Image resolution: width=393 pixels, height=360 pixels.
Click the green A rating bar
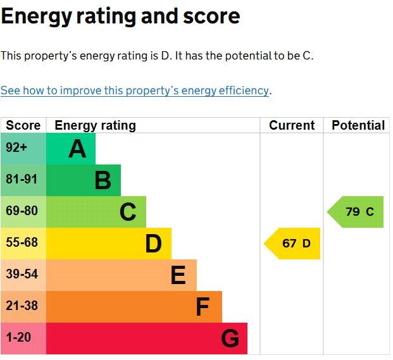coord(70,149)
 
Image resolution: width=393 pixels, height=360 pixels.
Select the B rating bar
coord(83,180)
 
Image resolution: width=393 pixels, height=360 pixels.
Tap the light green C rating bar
coord(96,212)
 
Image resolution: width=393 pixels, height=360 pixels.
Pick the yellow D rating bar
coord(108,244)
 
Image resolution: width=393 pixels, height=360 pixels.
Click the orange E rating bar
coord(121,275)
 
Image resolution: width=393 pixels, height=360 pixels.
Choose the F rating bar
coord(134,307)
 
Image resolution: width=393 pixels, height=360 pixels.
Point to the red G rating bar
coord(146,338)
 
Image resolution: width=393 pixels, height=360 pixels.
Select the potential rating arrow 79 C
coord(356,212)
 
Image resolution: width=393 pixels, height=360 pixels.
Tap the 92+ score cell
coord(23,149)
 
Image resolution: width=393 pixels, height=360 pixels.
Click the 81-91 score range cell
coord(23,180)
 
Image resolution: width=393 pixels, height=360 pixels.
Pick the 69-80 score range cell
coord(23,212)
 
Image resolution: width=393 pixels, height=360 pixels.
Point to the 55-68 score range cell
coord(23,244)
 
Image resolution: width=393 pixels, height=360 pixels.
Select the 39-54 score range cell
coord(23,275)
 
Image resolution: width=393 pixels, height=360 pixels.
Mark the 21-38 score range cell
coord(23,307)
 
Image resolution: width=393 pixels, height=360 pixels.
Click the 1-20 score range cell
coord(23,338)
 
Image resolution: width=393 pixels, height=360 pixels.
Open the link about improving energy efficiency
coord(135,90)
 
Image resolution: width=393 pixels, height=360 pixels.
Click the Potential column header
coord(358,125)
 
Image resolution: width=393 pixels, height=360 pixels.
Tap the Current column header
coord(292,125)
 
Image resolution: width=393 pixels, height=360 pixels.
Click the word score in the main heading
coord(208,16)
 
